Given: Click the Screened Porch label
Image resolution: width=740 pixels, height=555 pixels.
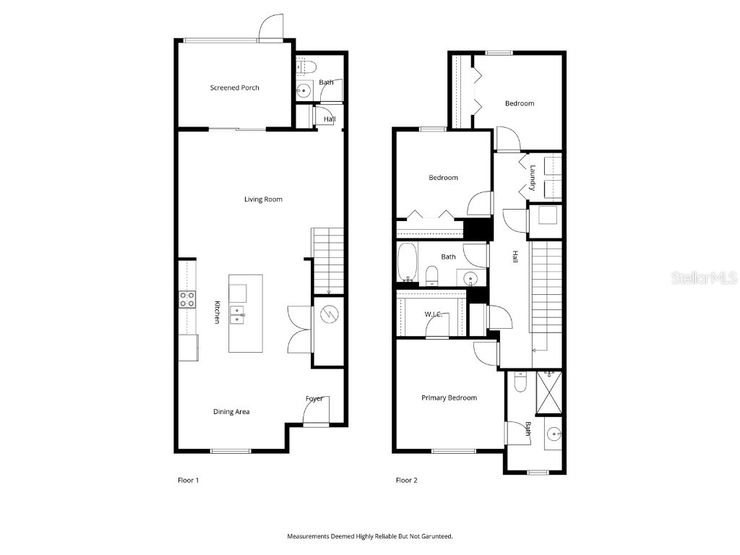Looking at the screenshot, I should pos(234,88).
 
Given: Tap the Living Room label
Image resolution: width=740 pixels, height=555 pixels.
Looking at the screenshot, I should pos(263,199).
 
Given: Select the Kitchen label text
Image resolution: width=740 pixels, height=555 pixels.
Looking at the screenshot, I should pos(216,311).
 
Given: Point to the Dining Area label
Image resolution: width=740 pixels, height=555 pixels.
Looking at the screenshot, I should pos(231,412).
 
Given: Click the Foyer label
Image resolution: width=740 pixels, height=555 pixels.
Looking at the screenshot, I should pos(314,399).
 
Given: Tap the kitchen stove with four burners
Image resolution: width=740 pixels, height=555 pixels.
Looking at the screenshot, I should pos(187,299).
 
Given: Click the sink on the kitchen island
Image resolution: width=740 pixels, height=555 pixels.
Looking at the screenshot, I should pos(237,314).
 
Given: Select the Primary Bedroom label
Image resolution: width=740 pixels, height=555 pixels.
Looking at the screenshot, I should pos(449,398).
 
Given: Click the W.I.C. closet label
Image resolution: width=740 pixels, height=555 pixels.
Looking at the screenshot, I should pos(434,314).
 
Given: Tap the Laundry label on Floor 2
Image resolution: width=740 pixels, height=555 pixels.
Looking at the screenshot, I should pos(533,178).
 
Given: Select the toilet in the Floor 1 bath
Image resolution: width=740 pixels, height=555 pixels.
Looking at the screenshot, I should pos(306,68).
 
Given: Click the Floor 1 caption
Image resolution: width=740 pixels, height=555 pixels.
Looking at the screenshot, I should pos(188,480).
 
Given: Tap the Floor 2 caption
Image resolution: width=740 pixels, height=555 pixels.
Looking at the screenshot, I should pos(406,480).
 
